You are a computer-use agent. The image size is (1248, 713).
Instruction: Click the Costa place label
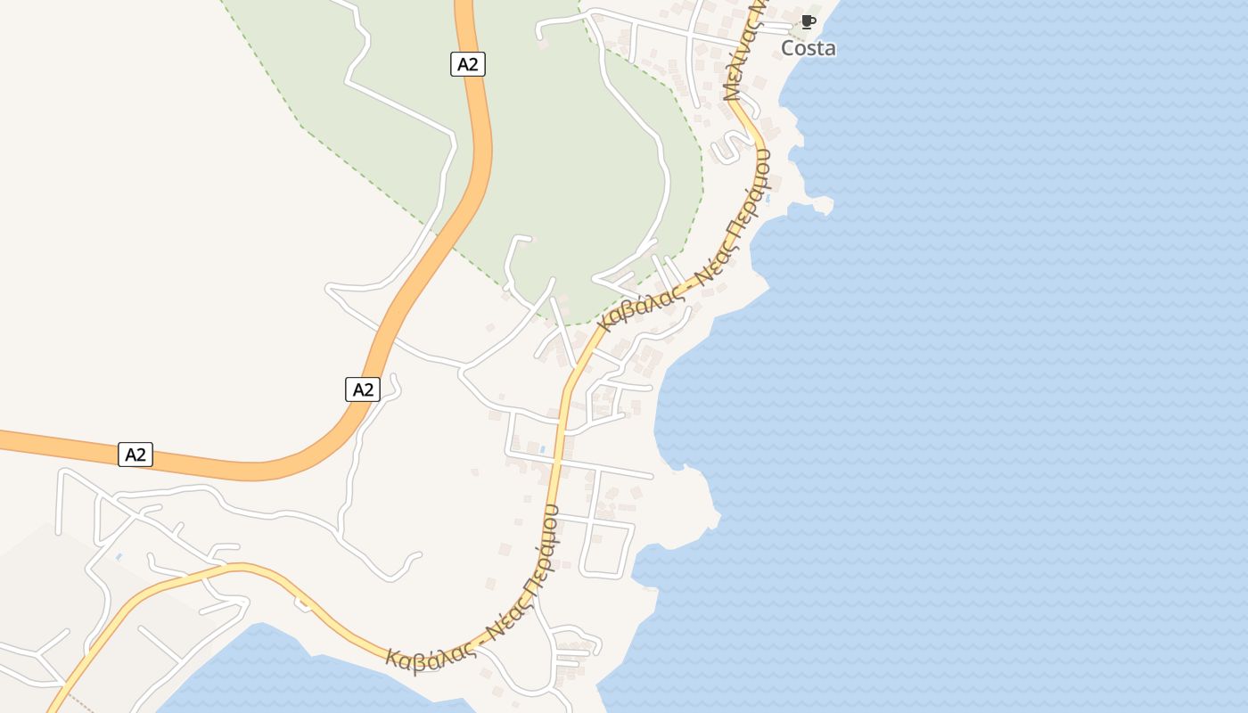[809, 48]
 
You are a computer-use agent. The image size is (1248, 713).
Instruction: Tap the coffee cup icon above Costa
[808, 21]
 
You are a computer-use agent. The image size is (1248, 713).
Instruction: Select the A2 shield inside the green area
[467, 63]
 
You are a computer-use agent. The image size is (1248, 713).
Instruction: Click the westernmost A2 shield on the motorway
[135, 455]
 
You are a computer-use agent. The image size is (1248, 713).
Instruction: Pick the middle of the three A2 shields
[362, 389]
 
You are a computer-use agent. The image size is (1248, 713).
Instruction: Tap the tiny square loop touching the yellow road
[304, 604]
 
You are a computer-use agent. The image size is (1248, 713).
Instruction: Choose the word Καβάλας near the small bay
[428, 659]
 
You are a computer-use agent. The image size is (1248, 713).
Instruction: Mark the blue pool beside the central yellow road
[542, 449]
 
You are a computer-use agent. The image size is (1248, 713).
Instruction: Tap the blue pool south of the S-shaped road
[768, 198]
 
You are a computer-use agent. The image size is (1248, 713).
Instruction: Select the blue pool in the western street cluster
[119, 557]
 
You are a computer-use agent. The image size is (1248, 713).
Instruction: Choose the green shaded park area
[571, 178]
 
